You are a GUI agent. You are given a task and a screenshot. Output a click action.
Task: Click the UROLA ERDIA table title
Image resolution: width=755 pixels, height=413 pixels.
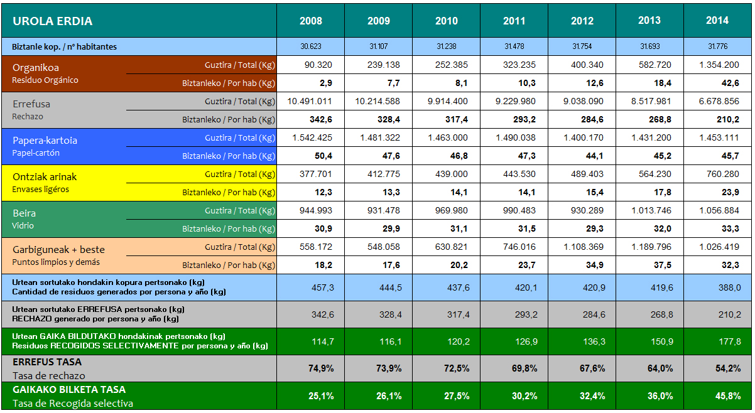(x=53, y=21)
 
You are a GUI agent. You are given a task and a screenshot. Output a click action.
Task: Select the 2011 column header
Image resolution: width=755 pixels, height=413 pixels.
(x=514, y=21)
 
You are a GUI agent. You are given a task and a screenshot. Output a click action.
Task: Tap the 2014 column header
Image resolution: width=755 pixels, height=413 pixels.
(x=717, y=21)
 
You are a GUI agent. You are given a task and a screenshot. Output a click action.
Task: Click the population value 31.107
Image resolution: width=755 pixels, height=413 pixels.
(x=379, y=46)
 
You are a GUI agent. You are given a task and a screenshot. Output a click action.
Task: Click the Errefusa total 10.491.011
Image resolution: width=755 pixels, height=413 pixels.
(x=310, y=101)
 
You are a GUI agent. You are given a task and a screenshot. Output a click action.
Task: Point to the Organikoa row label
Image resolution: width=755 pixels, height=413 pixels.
(x=36, y=68)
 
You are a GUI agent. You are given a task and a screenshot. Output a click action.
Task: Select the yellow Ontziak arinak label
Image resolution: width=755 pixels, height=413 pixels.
(x=45, y=177)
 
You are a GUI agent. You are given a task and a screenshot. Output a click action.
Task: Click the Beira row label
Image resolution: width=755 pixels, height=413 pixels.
(x=24, y=213)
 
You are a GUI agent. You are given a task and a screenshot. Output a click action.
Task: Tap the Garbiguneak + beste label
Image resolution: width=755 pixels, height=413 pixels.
(x=58, y=250)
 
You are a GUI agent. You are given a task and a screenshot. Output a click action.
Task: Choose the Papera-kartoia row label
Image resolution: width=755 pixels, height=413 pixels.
(x=45, y=141)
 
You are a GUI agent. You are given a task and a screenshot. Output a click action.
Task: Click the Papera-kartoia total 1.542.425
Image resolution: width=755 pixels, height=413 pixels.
(x=311, y=137)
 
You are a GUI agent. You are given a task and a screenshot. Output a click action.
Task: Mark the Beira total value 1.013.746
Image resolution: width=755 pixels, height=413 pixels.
(x=649, y=210)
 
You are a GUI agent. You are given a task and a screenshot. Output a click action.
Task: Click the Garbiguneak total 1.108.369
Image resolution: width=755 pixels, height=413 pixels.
(x=582, y=247)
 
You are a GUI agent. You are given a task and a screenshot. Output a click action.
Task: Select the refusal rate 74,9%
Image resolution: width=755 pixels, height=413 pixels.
(x=321, y=368)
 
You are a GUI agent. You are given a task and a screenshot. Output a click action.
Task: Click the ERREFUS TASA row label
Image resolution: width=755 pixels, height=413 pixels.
(x=47, y=362)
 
